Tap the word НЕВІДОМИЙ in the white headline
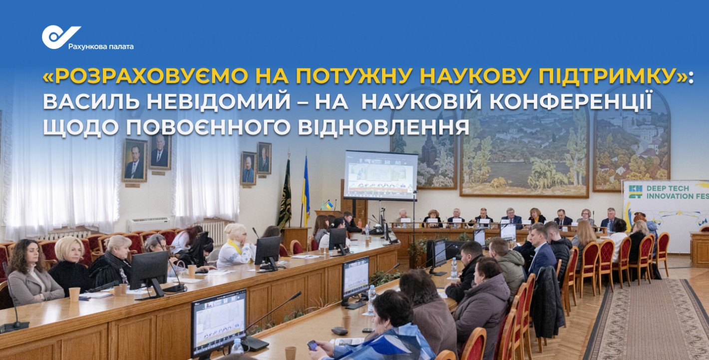(x=218, y=102)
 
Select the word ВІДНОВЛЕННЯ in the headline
(x=383, y=127)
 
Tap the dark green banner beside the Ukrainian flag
(x=285, y=194)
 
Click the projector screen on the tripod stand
(x=380, y=175)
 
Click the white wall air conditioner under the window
(x=149, y=225)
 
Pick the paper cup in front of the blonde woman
(x=74, y=294)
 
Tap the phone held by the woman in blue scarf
(x=313, y=345)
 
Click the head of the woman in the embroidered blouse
(x=236, y=233)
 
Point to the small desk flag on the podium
(x=329, y=205)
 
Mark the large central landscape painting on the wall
(x=524, y=154)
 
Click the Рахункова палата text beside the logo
(x=101, y=46)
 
